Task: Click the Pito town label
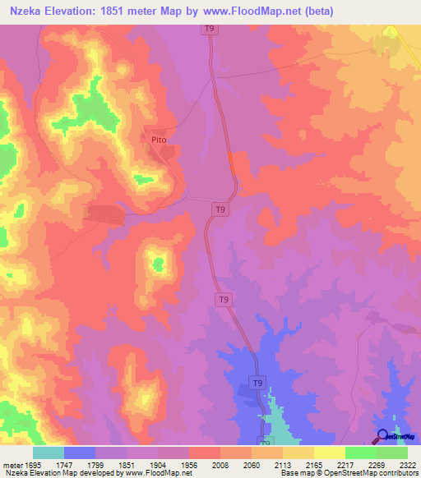(160, 140)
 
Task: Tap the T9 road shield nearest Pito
(220, 210)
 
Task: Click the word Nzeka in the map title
(29, 11)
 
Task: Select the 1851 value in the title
(114, 11)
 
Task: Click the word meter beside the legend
(11, 464)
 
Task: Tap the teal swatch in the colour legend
(49, 453)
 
